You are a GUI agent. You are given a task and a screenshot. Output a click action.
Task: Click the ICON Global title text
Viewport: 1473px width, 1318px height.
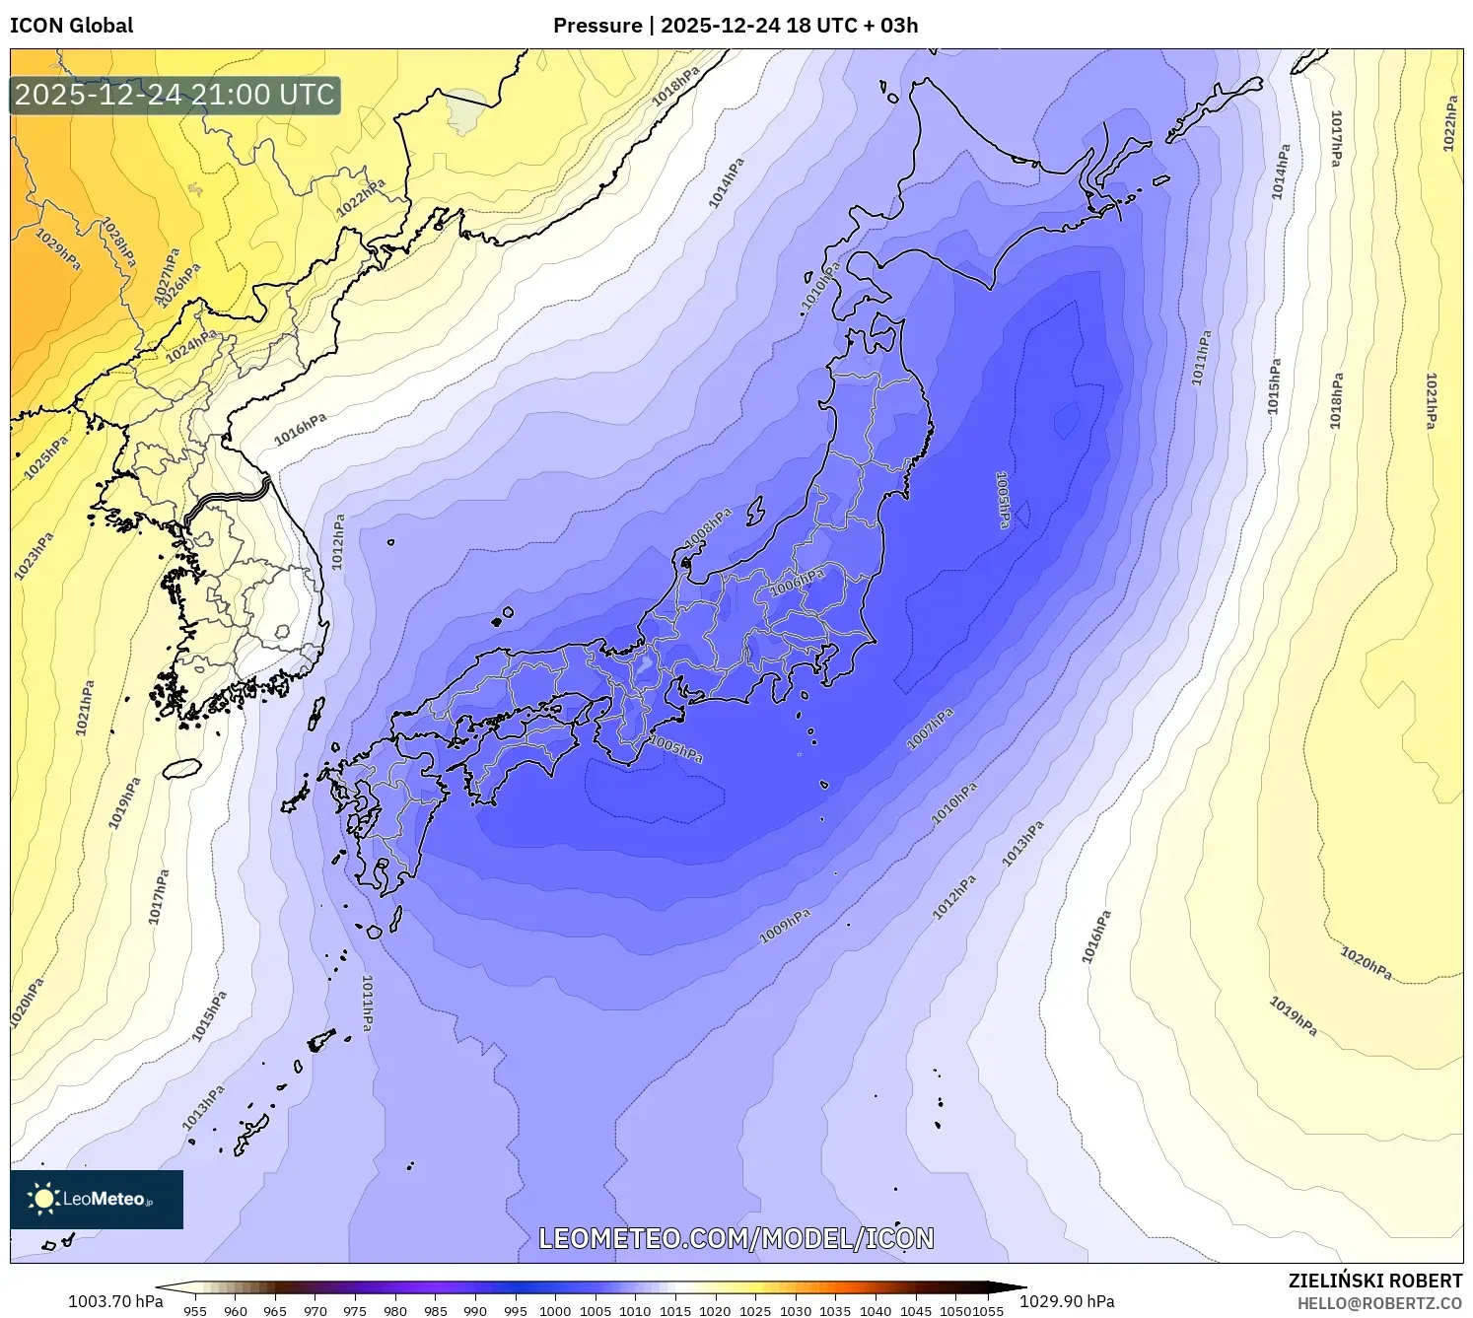(71, 26)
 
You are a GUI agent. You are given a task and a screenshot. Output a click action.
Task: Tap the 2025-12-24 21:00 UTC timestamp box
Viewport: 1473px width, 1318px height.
(175, 96)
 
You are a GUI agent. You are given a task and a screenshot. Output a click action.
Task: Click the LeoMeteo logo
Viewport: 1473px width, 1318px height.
(97, 1199)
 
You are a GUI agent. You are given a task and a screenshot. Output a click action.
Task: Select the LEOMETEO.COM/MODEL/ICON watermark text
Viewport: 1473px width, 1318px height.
(736, 1239)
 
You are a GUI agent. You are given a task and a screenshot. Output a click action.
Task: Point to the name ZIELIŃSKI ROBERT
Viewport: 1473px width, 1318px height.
(1374, 1281)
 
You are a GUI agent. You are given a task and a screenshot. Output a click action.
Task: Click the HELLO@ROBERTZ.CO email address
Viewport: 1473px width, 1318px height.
(1379, 1303)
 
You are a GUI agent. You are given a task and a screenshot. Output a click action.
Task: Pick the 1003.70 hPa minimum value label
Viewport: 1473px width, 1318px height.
(115, 1301)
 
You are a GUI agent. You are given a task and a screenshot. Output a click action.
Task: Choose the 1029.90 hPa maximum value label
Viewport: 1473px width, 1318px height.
(1067, 1301)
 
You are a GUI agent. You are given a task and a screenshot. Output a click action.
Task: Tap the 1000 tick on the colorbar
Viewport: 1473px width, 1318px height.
(555, 1311)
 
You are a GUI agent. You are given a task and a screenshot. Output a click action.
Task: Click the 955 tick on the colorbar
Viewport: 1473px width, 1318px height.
(195, 1311)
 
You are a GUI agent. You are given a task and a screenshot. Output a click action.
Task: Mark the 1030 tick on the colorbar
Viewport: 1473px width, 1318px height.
(795, 1311)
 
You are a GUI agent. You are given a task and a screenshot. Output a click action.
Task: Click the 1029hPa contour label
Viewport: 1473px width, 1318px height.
(58, 250)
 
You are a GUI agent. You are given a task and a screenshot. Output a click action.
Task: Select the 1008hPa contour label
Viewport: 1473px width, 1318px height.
(709, 528)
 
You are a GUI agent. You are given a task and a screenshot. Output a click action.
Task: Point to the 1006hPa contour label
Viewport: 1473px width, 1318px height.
(797, 581)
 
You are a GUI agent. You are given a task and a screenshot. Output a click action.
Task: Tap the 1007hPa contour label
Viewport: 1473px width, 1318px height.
(930, 728)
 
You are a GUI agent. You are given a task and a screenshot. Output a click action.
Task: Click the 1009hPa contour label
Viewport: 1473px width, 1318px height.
(785, 926)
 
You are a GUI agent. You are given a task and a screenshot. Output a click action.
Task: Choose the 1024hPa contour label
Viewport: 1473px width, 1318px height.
(191, 346)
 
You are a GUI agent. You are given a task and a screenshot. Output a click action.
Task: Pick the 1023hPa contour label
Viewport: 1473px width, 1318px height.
(34, 556)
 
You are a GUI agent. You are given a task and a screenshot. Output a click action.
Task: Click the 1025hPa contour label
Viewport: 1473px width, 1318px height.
(45, 457)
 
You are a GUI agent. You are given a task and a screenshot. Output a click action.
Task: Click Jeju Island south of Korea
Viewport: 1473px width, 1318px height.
(181, 768)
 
